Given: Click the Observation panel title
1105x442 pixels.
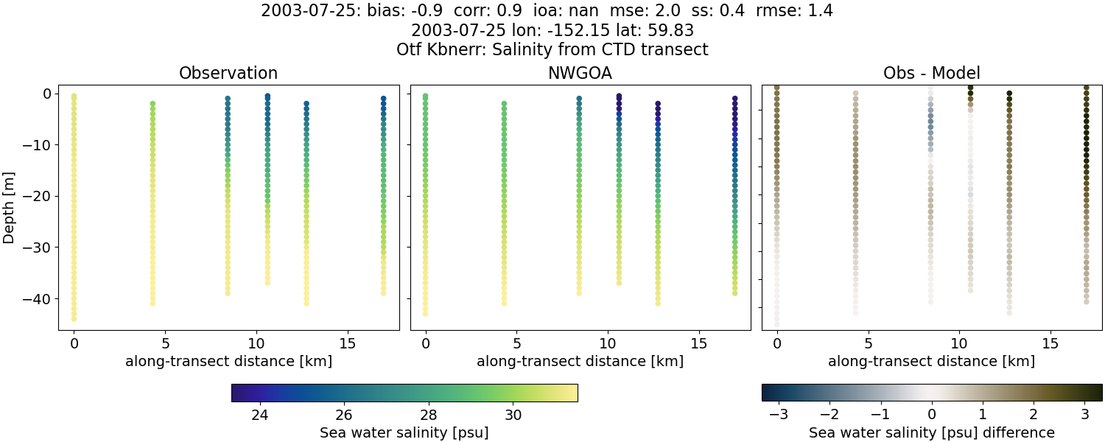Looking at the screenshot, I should (x=228, y=73).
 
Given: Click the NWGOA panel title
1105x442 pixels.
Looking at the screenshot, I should (x=580, y=73).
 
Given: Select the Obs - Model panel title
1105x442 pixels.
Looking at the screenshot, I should (x=931, y=73).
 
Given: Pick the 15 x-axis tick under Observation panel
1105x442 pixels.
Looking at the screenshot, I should (x=347, y=343).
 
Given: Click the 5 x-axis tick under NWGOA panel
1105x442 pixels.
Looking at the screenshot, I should (x=517, y=343).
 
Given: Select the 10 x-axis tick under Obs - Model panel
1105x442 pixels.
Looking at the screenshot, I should (x=959, y=343).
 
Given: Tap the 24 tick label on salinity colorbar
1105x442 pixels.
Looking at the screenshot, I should (x=259, y=414).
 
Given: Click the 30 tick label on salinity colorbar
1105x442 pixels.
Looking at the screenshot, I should (x=513, y=414).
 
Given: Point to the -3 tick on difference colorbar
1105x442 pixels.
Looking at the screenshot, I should (x=779, y=414).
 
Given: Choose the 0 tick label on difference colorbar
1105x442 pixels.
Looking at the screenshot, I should (x=932, y=414).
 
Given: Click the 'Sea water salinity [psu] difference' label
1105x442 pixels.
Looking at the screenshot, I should (x=931, y=432).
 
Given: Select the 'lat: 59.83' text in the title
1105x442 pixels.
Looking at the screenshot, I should (x=658, y=30).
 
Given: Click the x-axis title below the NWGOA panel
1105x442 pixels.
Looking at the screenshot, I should (x=580, y=361).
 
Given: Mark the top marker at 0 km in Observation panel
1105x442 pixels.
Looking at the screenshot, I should (x=74, y=96).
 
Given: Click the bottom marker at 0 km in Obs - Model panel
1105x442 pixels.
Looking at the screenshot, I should (x=776, y=324).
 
